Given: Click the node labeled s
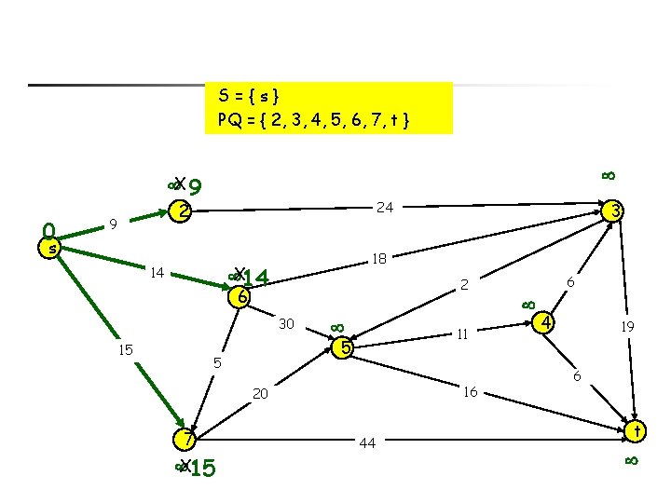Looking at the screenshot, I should point(53,249).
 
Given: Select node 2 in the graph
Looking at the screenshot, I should point(185,211).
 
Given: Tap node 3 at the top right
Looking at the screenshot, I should point(615,212).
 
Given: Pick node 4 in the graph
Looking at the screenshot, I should point(548,323).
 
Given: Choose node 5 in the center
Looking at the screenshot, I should point(345,348).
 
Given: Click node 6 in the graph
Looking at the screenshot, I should point(241,298).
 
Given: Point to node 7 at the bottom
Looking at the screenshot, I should point(187,440).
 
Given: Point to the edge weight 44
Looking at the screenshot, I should point(367,443).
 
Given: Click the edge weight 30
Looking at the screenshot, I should point(286,324).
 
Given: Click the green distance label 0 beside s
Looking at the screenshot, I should point(48,228).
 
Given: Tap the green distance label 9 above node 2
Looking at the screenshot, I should point(197,189).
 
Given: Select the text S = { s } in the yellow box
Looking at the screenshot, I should point(254,96).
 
